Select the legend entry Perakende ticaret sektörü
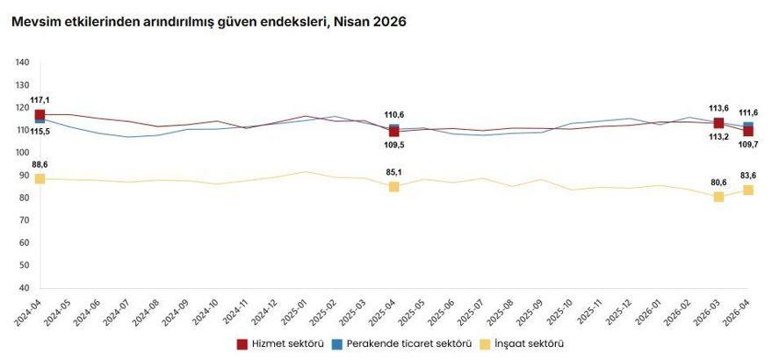point(405,343)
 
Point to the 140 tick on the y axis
point(23,62)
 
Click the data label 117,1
point(40,100)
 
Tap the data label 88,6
point(40,164)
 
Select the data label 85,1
point(393,172)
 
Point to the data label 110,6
point(393,115)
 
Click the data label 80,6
point(718,183)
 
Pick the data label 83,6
point(747,176)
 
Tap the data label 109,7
point(747,145)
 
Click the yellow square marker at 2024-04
point(40,179)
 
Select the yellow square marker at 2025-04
point(393,187)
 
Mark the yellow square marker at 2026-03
point(718,197)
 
